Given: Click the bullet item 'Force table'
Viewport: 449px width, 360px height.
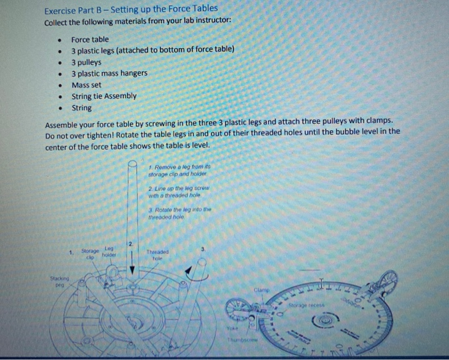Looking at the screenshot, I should tap(90, 39).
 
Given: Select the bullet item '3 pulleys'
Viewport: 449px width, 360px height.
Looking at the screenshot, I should tap(87, 62).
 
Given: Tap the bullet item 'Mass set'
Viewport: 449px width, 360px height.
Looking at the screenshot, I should tap(86, 85).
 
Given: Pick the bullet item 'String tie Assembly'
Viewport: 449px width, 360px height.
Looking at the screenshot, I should tap(104, 96).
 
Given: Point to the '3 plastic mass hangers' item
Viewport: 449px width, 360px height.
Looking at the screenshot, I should tap(109, 73).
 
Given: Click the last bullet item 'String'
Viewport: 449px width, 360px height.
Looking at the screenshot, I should tap(81, 108).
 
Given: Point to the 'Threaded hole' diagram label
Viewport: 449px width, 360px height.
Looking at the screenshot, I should tap(157, 255).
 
